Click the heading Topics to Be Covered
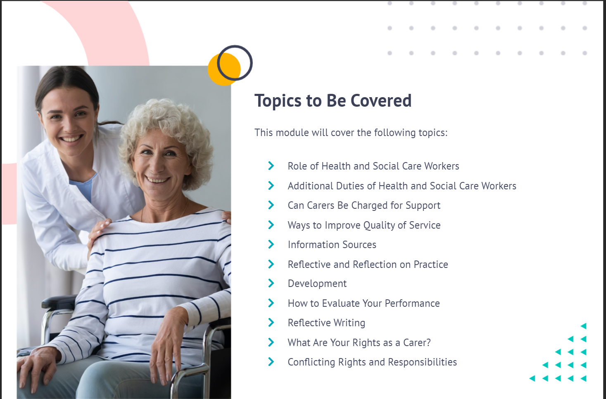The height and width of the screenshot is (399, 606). click(x=333, y=100)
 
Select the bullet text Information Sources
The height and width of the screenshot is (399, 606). click(x=332, y=245)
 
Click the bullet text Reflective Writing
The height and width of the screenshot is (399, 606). click(x=326, y=323)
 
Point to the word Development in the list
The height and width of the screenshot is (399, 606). click(x=317, y=284)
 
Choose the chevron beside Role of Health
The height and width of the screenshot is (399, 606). click(x=271, y=165)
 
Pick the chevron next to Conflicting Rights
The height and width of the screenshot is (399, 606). click(x=271, y=362)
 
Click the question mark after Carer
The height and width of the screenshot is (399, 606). click(x=428, y=342)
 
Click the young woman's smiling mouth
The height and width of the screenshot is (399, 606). click(x=71, y=139)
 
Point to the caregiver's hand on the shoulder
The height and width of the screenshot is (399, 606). click(x=99, y=230)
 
